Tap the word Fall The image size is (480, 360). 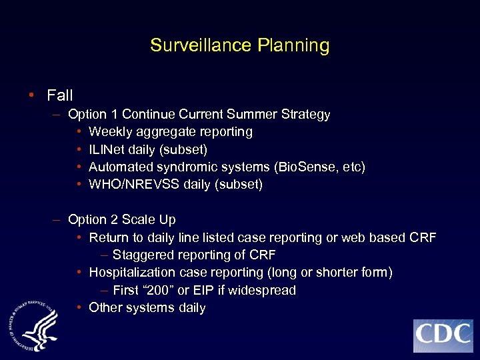click(60, 95)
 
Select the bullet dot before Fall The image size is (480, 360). click(33, 95)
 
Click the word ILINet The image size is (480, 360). click(107, 149)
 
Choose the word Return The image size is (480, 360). click(109, 237)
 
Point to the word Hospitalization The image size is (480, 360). click(133, 273)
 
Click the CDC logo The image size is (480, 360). click(443, 335)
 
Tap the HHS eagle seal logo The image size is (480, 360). click(34, 325)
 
